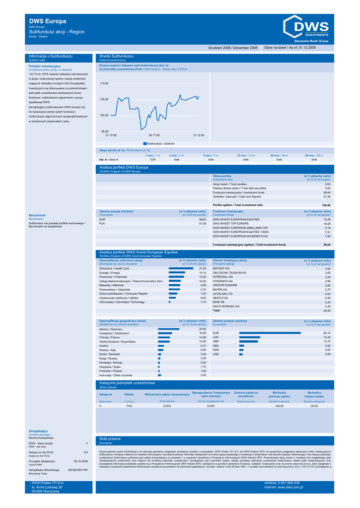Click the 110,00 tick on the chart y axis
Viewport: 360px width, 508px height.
click(104, 83)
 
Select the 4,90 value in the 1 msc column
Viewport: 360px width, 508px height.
click(152, 160)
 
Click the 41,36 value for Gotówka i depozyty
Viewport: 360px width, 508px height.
click(327, 197)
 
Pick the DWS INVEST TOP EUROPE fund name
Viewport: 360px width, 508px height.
click(231, 224)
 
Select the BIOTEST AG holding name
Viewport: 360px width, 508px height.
click(221, 268)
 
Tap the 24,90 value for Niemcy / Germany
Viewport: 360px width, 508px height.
click(202, 329)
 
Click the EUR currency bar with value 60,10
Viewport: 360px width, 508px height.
click(270, 333)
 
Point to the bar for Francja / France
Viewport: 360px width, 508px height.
click(164, 337)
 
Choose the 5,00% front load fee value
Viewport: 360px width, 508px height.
click(167, 406)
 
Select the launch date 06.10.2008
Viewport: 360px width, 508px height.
click(80, 461)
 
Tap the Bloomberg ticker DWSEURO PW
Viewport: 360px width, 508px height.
click(78, 469)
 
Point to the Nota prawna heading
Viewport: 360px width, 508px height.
click(110, 439)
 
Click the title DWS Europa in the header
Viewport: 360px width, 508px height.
click(48, 21)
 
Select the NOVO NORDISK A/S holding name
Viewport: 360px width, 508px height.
click(226, 306)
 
